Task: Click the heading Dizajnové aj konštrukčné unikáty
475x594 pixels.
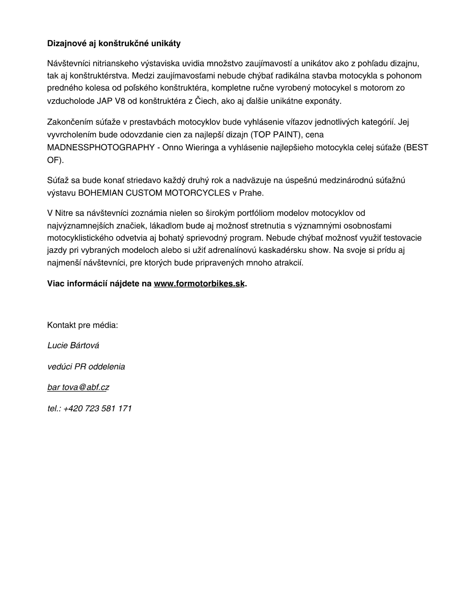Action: point(114,44)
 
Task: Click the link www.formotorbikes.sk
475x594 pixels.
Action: point(199,284)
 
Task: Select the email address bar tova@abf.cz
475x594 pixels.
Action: point(78,387)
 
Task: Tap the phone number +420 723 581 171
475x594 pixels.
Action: point(97,408)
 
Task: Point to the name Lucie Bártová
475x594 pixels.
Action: point(73,346)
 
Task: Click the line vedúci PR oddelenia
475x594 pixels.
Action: point(86,367)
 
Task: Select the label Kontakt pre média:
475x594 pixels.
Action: point(82,325)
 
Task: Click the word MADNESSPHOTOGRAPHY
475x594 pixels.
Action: point(101,148)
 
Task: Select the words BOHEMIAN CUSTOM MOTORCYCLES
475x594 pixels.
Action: point(154,193)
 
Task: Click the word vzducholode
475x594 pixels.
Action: point(69,101)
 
